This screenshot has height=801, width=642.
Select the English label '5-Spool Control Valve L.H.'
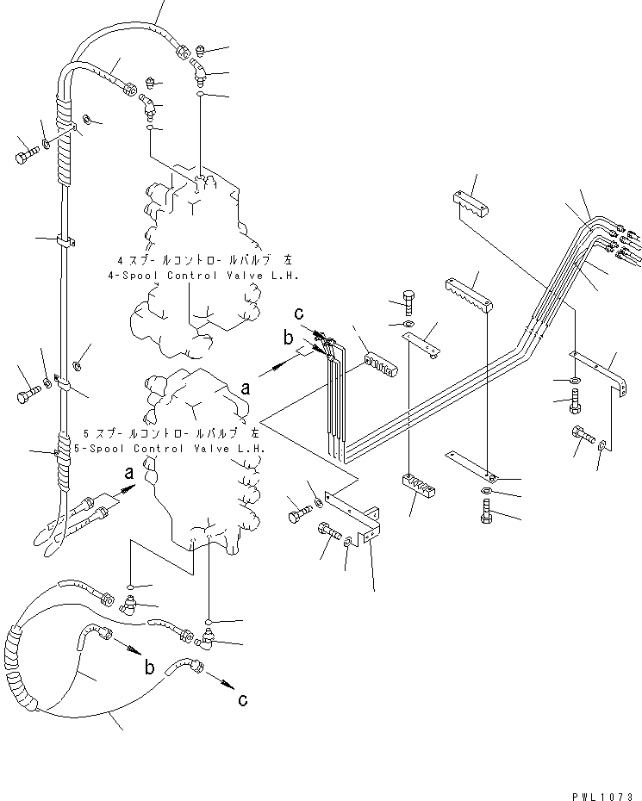(175, 448)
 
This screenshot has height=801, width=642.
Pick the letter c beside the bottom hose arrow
(243, 700)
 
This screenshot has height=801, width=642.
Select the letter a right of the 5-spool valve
(246, 388)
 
